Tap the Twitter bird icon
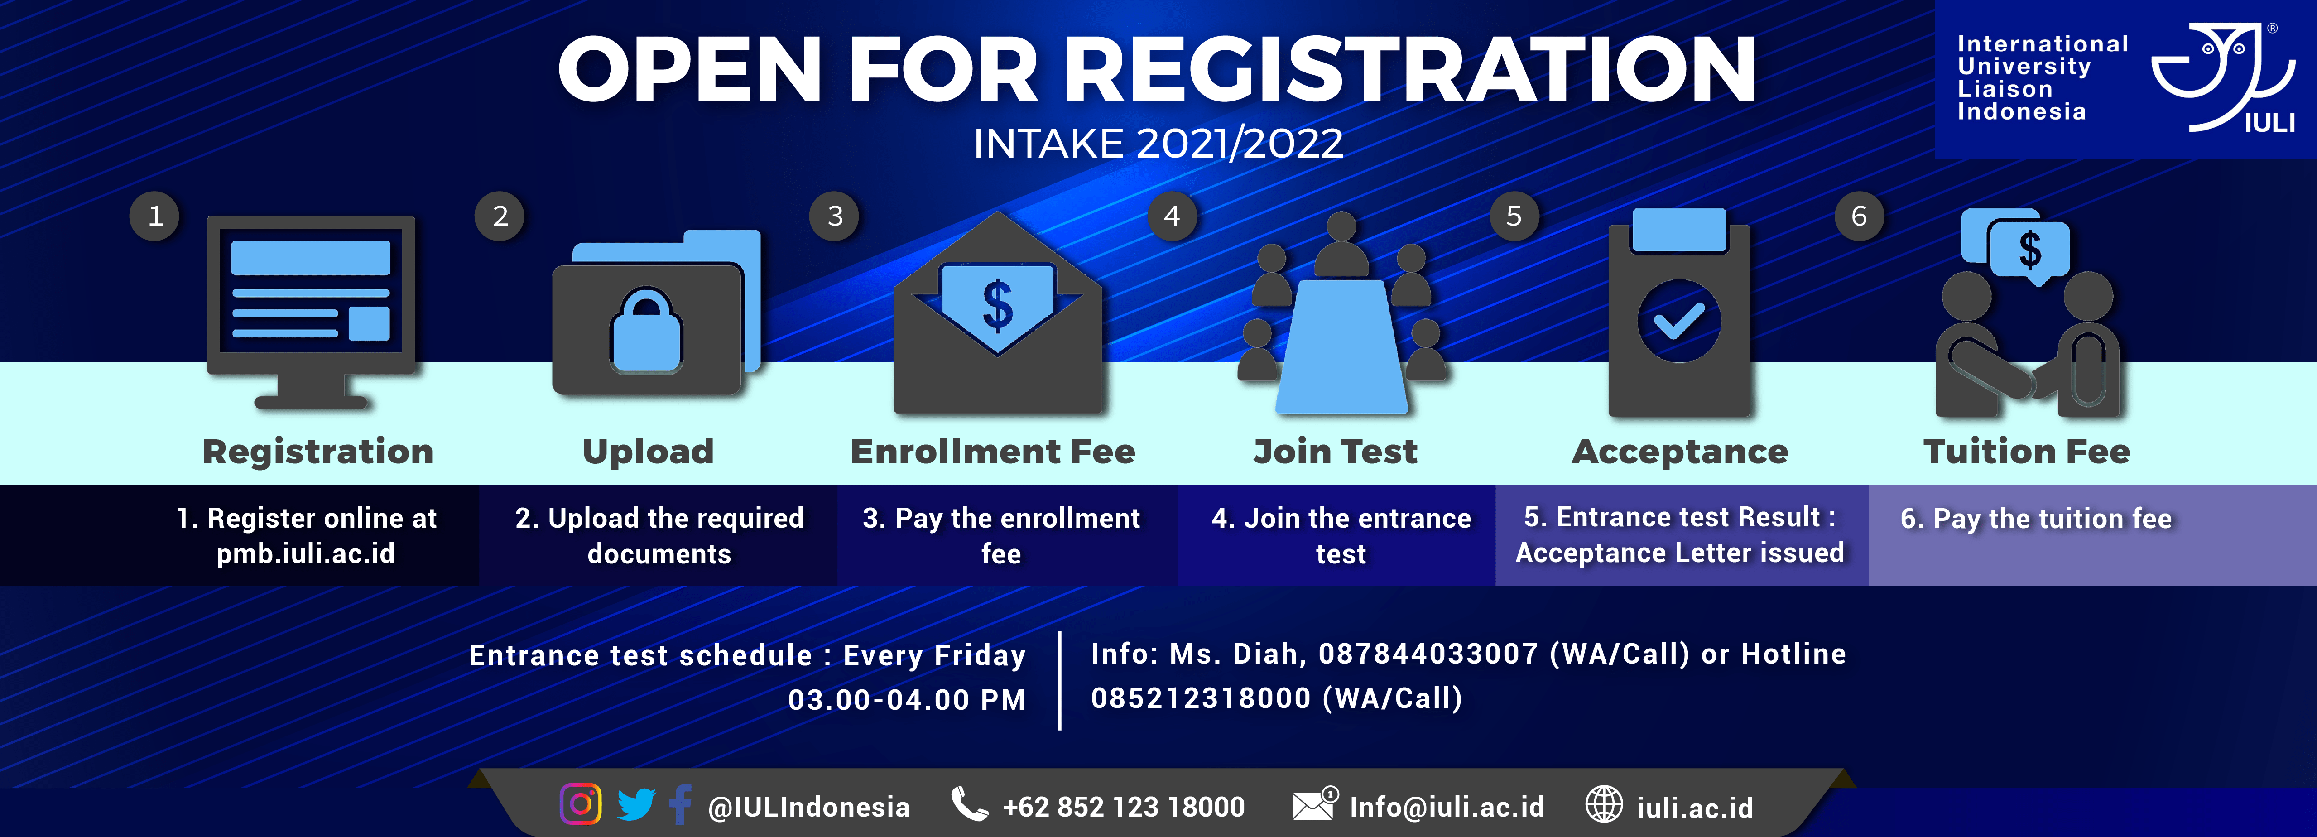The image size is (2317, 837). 636,805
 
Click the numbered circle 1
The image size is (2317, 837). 155,216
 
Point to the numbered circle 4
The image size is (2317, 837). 1172,216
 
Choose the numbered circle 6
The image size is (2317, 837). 1859,216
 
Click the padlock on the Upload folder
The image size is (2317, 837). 647,331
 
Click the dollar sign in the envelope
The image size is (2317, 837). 998,306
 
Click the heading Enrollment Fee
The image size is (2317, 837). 993,451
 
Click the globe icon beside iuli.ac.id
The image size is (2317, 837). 1604,805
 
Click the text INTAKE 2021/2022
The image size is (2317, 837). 1158,143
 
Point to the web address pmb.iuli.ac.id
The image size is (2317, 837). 306,554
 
